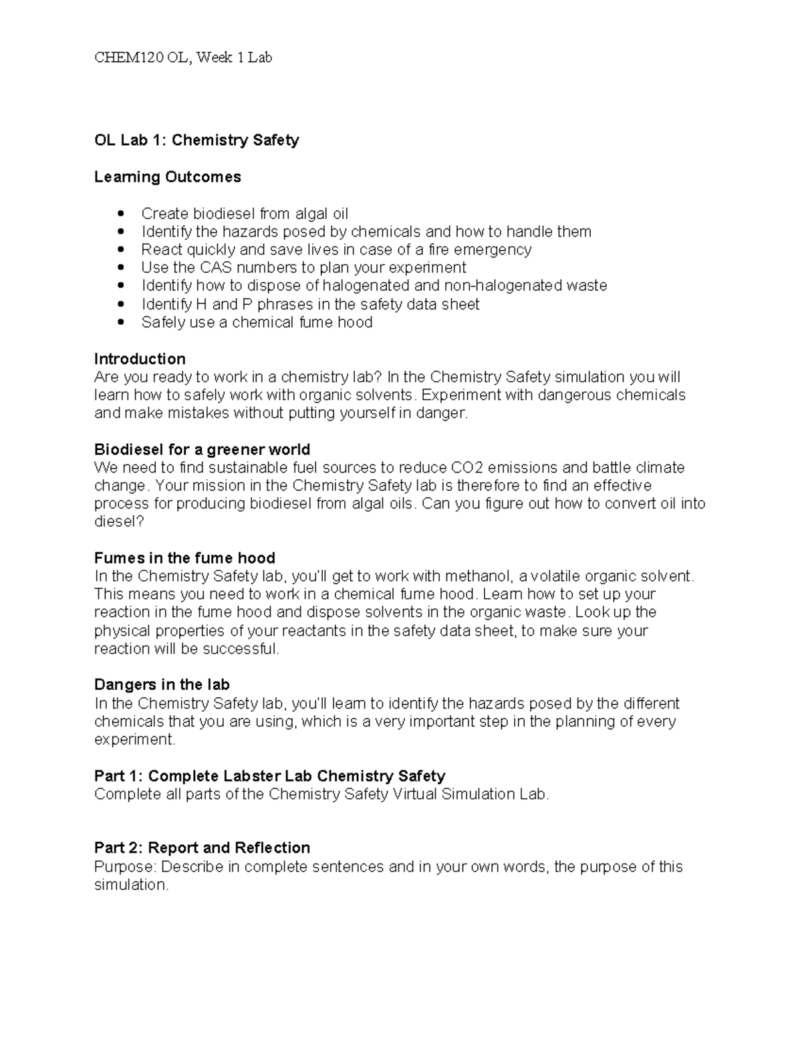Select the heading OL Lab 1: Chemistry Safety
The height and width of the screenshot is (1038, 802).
pyautogui.click(x=196, y=140)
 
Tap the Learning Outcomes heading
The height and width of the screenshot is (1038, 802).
pyautogui.click(x=167, y=177)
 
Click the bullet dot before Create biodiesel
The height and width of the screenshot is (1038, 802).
pyautogui.click(x=120, y=214)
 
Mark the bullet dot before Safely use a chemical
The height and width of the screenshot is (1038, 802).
pyautogui.click(x=120, y=323)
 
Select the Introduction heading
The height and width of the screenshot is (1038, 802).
pyautogui.click(x=140, y=359)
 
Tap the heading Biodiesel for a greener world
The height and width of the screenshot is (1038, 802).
pyautogui.click(x=202, y=449)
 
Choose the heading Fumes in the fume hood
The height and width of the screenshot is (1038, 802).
pyautogui.click(x=184, y=558)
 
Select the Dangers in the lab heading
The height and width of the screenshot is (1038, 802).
pyautogui.click(x=162, y=684)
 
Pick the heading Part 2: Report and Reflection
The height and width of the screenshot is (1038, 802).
pyautogui.click(x=202, y=848)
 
